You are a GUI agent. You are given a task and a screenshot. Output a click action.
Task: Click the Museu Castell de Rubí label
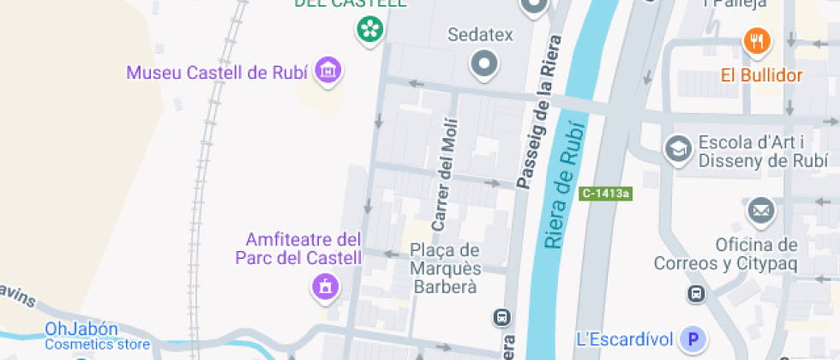217,72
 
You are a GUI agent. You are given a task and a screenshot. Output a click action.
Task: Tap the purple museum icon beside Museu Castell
327,71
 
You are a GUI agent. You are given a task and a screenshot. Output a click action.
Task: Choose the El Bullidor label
761,75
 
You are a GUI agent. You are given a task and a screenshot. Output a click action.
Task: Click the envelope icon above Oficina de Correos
759,209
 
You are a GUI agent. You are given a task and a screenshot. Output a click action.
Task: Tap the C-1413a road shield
604,194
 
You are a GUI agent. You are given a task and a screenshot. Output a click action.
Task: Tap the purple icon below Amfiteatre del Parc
325,287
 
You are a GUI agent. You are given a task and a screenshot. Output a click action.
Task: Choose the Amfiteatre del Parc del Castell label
298,248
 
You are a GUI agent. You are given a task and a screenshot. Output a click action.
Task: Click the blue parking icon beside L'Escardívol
692,339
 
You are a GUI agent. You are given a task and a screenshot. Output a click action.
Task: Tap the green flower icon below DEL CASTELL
369,29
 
